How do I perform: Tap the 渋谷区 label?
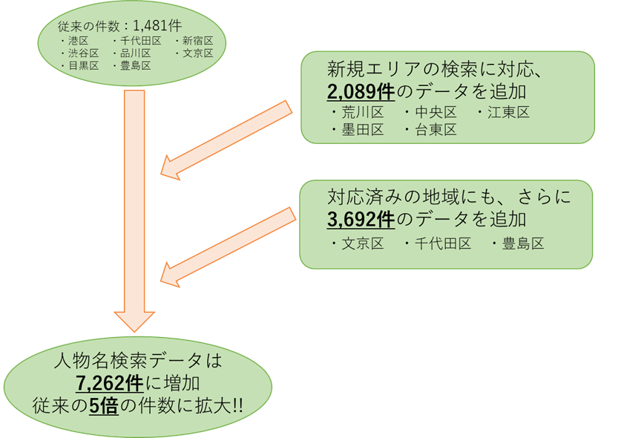pos(83,53)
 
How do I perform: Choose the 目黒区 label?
pos(83,65)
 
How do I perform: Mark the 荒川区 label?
pos(362,113)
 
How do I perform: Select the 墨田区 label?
pos(362,130)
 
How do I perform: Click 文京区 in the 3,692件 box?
pos(362,243)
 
